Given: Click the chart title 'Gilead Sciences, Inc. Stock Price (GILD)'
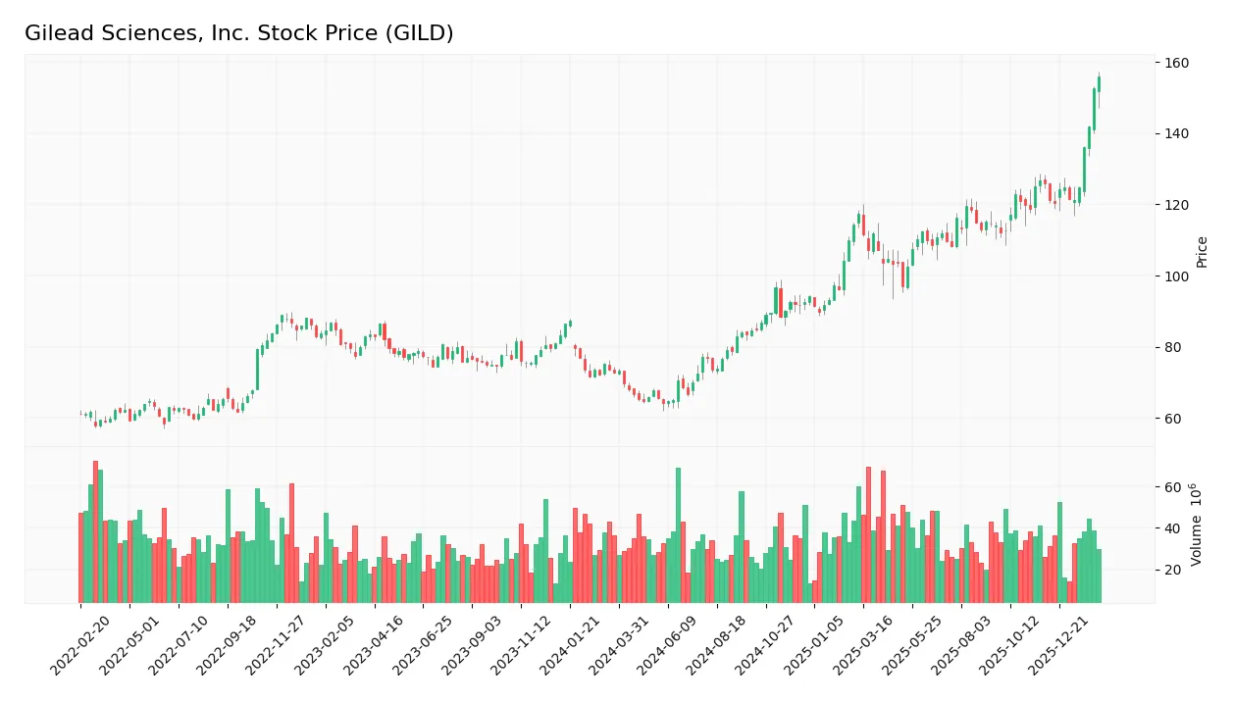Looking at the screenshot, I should click(x=238, y=33).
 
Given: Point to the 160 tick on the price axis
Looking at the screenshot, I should click(x=1176, y=64).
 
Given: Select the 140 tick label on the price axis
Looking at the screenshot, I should click(x=1176, y=134).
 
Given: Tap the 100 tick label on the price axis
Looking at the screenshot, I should click(x=1176, y=276).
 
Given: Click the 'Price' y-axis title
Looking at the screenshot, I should click(x=1203, y=252).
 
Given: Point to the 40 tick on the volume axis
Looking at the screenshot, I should click(x=1172, y=528).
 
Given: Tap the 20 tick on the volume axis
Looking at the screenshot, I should click(x=1172, y=570).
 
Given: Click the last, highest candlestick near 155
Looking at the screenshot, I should click(x=1099, y=83).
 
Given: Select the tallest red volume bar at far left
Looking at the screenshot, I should click(x=95, y=531).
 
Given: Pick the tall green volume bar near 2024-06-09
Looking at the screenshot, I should click(x=678, y=534).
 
